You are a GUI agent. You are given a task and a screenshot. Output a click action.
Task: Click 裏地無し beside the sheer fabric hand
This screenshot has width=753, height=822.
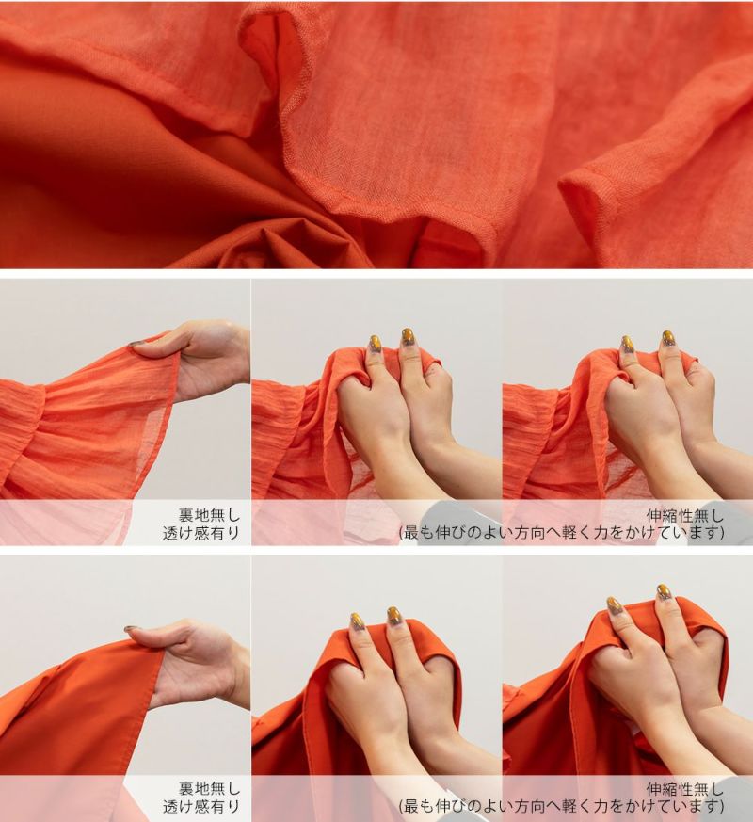(x=209, y=514)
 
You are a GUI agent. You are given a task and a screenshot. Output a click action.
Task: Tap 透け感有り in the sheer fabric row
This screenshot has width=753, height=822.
(x=201, y=533)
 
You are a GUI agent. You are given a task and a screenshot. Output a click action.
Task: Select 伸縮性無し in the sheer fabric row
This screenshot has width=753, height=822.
(x=685, y=515)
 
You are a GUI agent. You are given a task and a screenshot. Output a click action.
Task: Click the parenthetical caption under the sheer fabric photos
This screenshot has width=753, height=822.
(x=561, y=533)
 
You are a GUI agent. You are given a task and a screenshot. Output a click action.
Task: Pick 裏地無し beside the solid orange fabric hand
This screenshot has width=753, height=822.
(x=209, y=788)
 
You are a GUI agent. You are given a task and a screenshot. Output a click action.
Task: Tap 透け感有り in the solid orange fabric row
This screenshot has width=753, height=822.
(x=201, y=807)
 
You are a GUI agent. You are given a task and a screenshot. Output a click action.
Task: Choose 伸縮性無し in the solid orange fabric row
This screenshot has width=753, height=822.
(x=685, y=788)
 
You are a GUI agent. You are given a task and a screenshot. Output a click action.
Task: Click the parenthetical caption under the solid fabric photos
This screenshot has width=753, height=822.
(x=561, y=806)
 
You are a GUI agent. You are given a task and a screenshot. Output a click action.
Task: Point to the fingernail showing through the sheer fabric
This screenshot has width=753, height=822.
(x=137, y=345)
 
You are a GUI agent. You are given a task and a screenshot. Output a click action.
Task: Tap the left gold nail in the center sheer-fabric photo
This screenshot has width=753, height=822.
(x=375, y=344)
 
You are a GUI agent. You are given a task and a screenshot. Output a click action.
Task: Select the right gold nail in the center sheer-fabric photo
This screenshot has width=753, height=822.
(x=408, y=337)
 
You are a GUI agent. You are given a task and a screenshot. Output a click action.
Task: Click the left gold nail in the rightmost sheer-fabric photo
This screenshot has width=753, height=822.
(x=627, y=345)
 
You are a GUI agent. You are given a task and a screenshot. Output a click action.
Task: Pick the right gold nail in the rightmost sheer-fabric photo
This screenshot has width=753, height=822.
(x=667, y=339)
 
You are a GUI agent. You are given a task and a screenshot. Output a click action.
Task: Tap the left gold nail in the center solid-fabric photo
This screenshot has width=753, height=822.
(x=358, y=621)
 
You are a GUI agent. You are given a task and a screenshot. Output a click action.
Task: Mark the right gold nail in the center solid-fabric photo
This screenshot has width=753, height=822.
(x=394, y=616)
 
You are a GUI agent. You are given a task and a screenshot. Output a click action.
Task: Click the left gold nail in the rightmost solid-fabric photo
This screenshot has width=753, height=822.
(x=615, y=605)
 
